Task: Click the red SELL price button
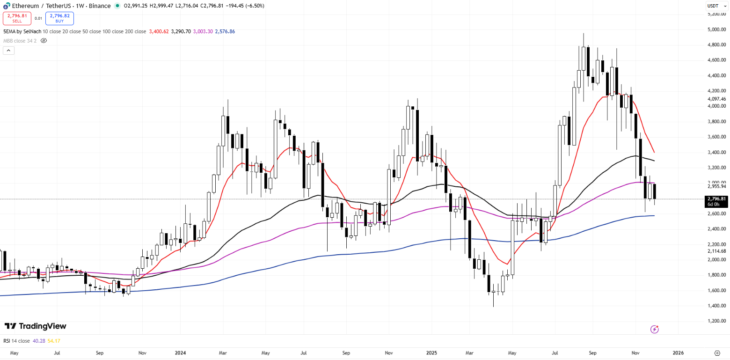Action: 17,18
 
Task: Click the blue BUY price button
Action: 59,18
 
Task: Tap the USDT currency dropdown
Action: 713,6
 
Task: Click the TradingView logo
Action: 36,326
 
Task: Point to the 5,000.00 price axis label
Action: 716,29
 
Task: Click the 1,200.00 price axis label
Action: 716,321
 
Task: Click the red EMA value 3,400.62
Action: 158,31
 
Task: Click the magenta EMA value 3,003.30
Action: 203,31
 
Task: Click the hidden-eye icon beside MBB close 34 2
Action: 44,41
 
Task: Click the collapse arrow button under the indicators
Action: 8,51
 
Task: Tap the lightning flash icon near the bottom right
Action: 655,330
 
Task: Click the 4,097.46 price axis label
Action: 716,99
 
